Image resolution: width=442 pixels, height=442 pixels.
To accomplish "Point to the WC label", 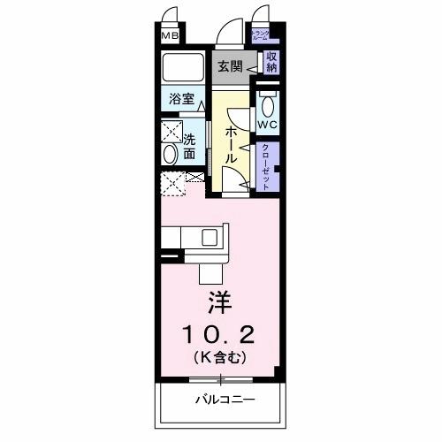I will coord(268,125).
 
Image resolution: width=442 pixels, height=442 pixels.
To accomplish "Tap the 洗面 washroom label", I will coord(191,146).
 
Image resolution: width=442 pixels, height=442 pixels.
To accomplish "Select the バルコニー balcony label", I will coord(225,400).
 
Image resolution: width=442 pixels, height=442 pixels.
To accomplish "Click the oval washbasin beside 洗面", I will coord(170,154).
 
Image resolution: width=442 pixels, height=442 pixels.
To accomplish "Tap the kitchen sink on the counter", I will coord(210,237).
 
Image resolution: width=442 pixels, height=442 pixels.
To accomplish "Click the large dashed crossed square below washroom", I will coord(171,186).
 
